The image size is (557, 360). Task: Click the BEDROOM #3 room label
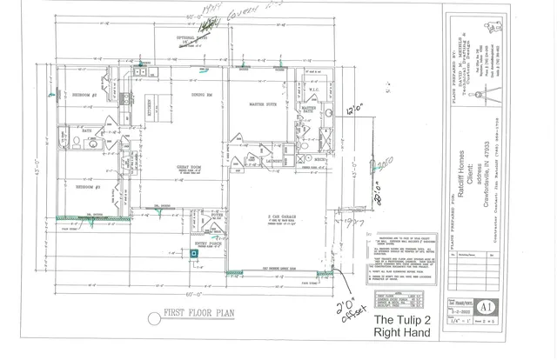click(88, 187)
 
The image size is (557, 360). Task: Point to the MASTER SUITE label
click(263, 104)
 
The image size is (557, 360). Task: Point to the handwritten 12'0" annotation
click(352, 110)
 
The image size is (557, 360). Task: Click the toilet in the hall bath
click(76, 139)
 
